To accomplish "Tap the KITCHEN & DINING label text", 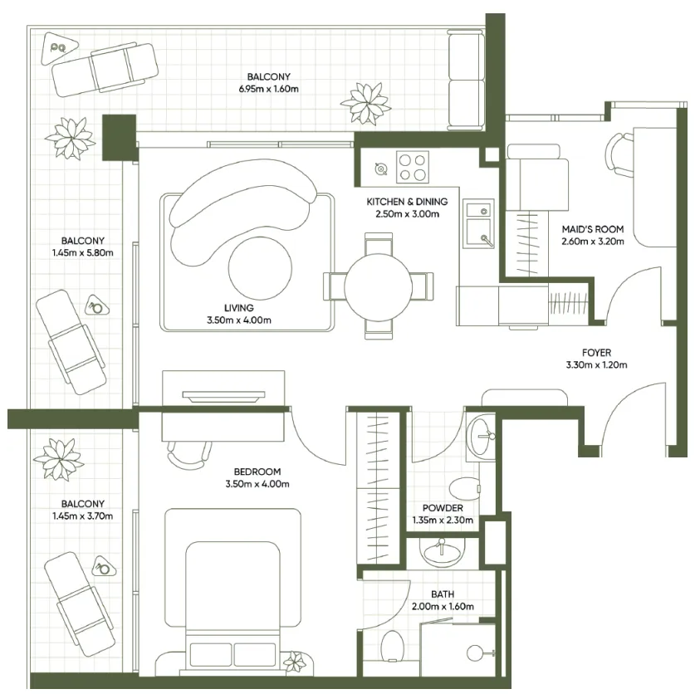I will coord(407,202).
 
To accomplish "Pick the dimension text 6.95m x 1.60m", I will coord(268,88).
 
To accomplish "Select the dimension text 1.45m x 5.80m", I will coord(81,253).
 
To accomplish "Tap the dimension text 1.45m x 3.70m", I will coord(81,516).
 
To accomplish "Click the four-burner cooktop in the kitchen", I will coord(413,166).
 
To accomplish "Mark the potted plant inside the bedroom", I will coord(294,662).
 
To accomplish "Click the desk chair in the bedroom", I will coord(188,451).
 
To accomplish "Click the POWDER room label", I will coord(443,508).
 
